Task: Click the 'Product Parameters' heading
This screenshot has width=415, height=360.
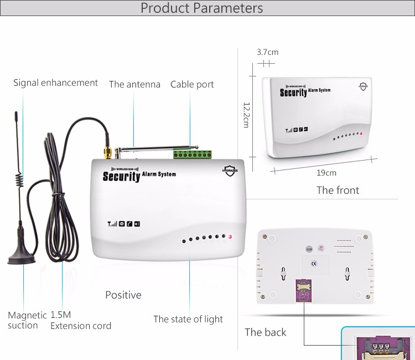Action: click(x=201, y=8)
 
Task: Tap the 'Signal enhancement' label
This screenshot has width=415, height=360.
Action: click(x=55, y=83)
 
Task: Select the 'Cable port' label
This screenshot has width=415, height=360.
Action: click(x=192, y=85)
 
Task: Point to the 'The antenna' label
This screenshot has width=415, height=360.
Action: click(x=134, y=85)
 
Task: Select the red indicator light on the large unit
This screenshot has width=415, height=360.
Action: click(x=230, y=238)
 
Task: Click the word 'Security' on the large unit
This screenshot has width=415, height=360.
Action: click(x=121, y=177)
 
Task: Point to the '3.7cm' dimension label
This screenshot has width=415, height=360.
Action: click(x=267, y=53)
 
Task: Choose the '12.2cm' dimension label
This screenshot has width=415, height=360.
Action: click(x=246, y=115)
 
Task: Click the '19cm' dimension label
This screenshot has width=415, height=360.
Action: click(x=326, y=173)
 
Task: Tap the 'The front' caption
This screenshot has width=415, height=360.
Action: click(x=338, y=191)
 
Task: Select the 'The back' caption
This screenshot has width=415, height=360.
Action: click(x=266, y=332)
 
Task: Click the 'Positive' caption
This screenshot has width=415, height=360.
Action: click(x=123, y=295)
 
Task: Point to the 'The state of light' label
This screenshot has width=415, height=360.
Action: click(x=188, y=320)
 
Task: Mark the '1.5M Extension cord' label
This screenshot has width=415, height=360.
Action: click(x=80, y=321)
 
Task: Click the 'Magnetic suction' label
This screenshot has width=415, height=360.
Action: click(x=27, y=321)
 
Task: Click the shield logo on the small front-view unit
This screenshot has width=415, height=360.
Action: click(x=363, y=86)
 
